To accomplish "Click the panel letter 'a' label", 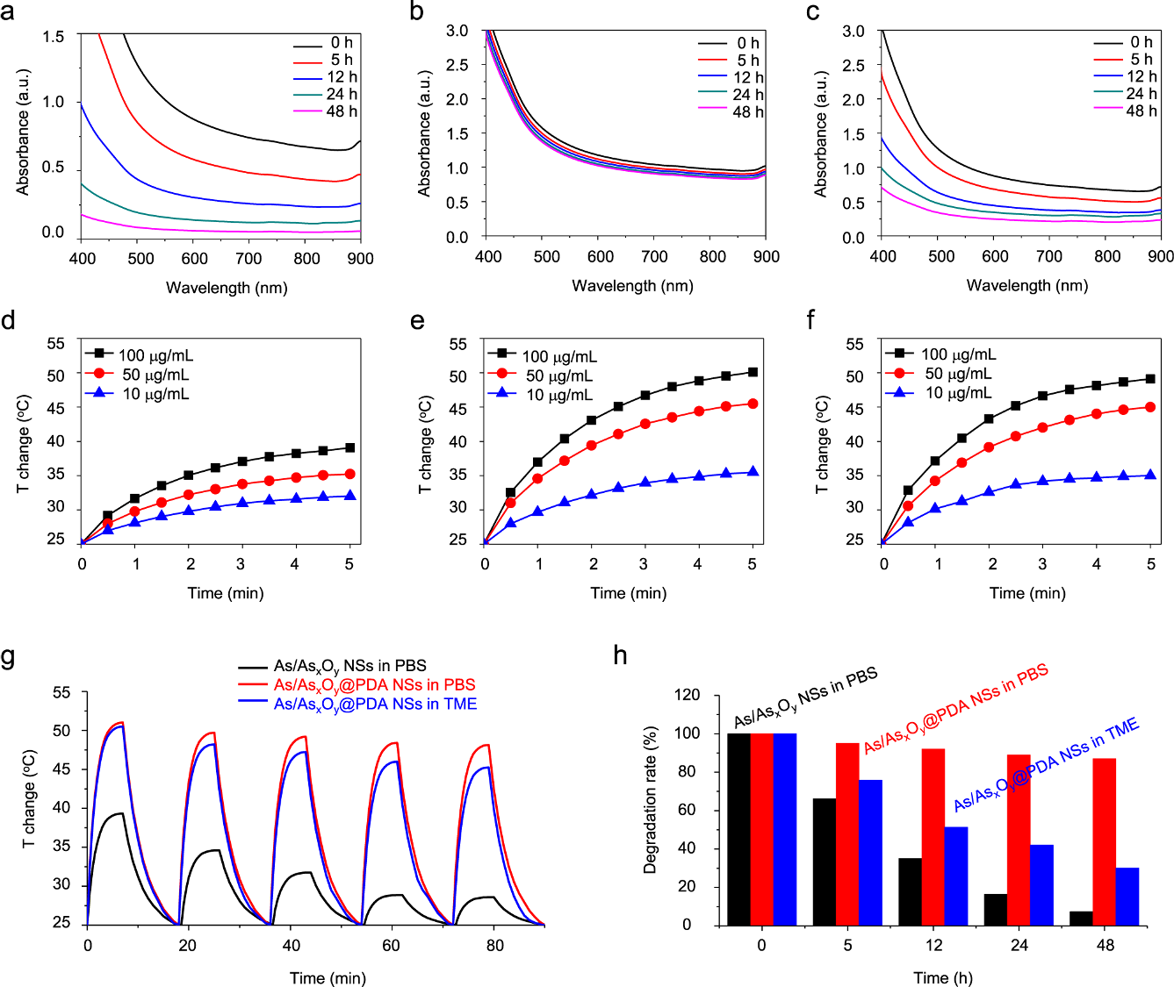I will point(8,12).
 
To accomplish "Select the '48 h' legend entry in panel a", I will point(342,111).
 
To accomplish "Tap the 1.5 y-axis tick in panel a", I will point(54,37).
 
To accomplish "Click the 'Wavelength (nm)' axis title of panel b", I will point(632,285).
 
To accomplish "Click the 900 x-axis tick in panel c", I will point(1161,256).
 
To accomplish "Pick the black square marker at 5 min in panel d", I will point(349,447).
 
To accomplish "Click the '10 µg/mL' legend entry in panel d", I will point(155,394).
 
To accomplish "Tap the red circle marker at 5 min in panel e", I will point(753,404).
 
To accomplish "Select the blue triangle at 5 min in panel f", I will point(1150,475).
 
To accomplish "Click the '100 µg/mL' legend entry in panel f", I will point(958,354).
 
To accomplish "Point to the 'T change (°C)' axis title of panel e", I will point(426,445).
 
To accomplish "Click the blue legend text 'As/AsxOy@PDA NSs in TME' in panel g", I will point(375,704).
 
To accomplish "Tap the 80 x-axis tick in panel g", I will point(495,945).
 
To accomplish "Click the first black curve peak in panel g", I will point(120,813).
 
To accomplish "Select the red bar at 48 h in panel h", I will point(1105,841).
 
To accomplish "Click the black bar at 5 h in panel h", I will point(824,861).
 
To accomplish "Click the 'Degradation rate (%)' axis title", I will point(651,799).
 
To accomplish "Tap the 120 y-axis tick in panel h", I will point(687,695).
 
